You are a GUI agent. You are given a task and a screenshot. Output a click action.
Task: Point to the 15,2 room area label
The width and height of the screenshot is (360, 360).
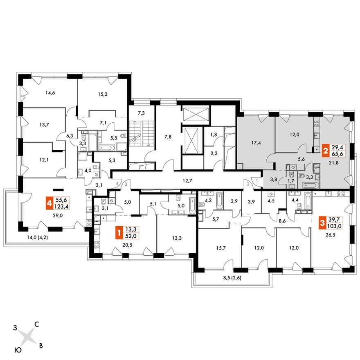[103, 93]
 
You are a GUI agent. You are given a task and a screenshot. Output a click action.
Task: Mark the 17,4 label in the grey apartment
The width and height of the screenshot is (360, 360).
[255, 144]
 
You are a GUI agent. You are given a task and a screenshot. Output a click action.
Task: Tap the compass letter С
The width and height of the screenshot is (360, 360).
[36, 324]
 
